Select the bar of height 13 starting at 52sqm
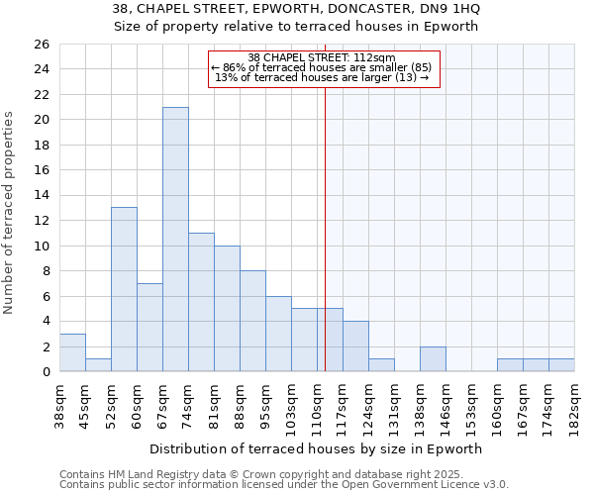click(x=124, y=289)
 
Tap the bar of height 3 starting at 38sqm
click(x=72, y=352)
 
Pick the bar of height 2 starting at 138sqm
click(x=433, y=359)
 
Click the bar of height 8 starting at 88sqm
click(x=252, y=321)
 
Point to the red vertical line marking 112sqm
click(x=325, y=228)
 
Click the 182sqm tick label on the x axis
click(x=575, y=405)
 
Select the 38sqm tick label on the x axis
click(x=60, y=405)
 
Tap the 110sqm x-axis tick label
click(x=318, y=407)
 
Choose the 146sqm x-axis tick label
click(x=446, y=407)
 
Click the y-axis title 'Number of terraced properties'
click(x=10, y=213)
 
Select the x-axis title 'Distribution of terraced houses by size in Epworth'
click(x=317, y=448)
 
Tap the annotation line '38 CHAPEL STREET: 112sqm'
click(x=322, y=57)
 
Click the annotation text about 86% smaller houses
click(x=322, y=67)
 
